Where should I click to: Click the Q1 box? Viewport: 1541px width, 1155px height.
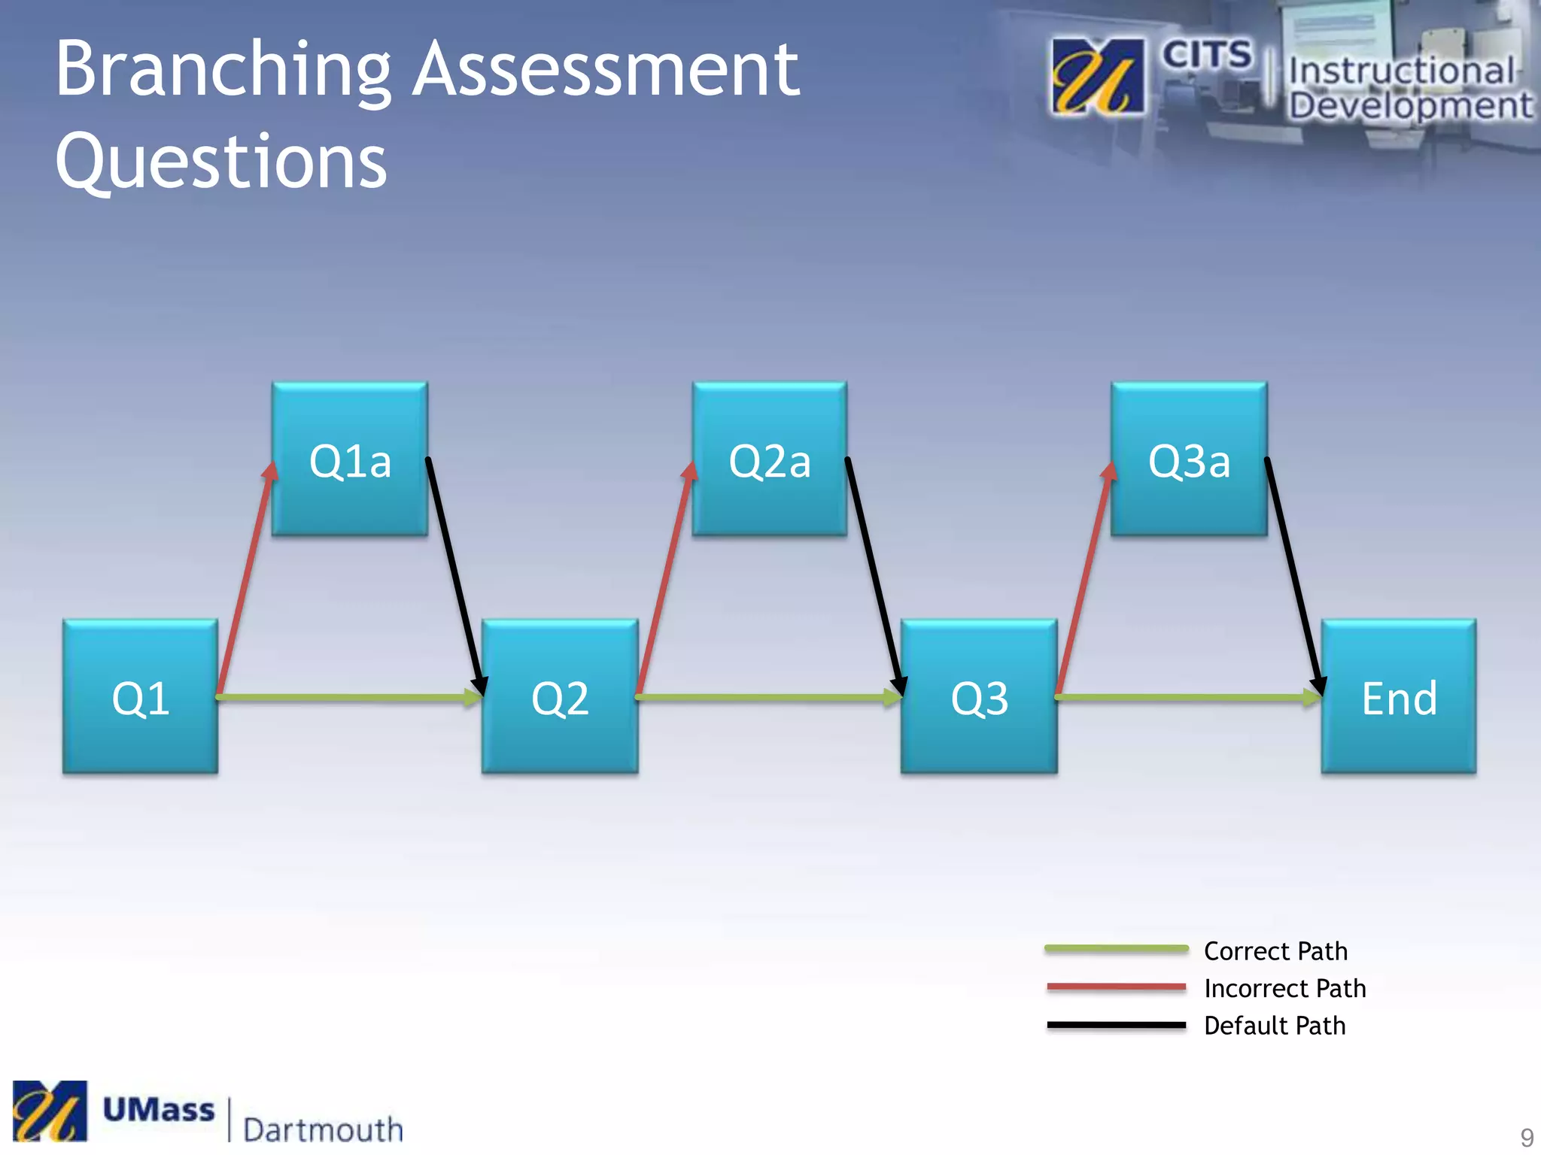tap(141, 696)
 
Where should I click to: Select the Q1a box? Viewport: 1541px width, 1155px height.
tap(350, 459)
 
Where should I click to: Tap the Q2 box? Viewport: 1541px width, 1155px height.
tap(560, 696)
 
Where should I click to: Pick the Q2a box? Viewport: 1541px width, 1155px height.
tap(770, 459)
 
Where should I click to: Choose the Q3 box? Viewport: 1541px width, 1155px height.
tap(979, 696)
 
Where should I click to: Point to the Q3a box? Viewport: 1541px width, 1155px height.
tap(1189, 459)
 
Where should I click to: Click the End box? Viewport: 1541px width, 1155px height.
tap(1399, 696)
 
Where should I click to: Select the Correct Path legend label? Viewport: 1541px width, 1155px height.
tap(1275, 951)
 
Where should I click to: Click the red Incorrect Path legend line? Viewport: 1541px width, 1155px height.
tap(1117, 987)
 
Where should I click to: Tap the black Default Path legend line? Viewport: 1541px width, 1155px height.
tap(1117, 1025)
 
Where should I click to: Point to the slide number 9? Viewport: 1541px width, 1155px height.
tap(1527, 1136)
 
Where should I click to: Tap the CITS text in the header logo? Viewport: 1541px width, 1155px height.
tap(1206, 55)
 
